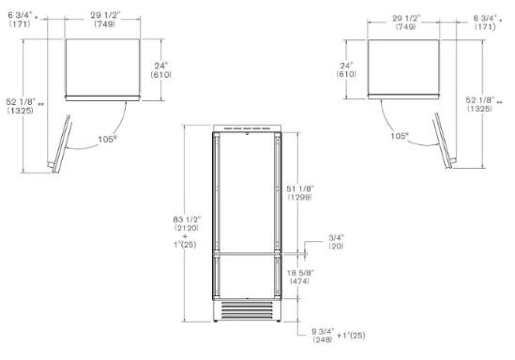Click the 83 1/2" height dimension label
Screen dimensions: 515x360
[x=187, y=219]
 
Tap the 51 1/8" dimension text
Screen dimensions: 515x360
[x=300, y=188]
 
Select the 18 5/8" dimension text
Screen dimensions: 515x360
[x=300, y=273]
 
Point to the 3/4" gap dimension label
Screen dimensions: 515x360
[x=337, y=237]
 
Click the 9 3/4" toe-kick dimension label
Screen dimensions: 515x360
[x=323, y=331]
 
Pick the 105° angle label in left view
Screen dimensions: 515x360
[x=107, y=139]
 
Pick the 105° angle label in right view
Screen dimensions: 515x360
[x=400, y=136]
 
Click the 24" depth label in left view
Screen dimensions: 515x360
[x=161, y=66]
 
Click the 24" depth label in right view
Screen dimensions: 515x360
[x=346, y=66]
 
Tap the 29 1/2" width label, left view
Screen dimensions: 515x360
[x=105, y=15]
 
